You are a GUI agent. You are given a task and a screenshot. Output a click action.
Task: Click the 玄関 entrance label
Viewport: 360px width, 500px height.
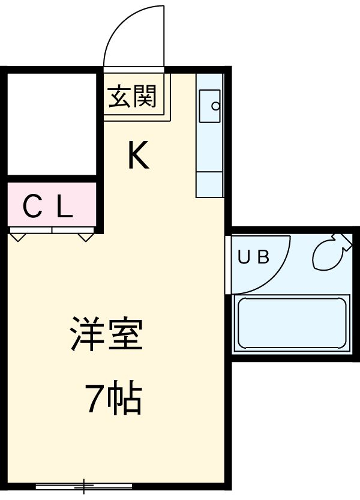tap(133, 97)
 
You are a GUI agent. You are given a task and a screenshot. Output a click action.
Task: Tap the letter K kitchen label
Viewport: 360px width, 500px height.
tap(137, 157)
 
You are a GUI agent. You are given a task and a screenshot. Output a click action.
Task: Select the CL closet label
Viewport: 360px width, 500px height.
tap(48, 208)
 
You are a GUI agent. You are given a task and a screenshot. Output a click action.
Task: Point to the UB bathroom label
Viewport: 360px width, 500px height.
tap(253, 257)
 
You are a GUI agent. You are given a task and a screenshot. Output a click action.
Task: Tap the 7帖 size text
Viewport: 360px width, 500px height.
tap(113, 399)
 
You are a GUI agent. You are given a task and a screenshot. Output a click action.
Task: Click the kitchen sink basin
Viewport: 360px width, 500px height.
tap(210, 106)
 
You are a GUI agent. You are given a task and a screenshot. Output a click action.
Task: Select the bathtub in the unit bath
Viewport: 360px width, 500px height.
tap(292, 323)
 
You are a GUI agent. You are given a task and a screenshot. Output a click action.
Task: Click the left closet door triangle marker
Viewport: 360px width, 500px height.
tap(18, 236)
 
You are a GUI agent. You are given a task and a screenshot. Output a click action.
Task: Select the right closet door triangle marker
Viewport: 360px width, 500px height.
tap(87, 236)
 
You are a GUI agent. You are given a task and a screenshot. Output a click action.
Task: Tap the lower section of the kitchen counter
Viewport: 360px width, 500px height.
tap(210, 185)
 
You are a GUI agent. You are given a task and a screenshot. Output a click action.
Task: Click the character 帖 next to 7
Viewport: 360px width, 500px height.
tap(125, 399)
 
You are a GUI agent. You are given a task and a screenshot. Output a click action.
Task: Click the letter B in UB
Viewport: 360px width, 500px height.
tap(262, 257)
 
